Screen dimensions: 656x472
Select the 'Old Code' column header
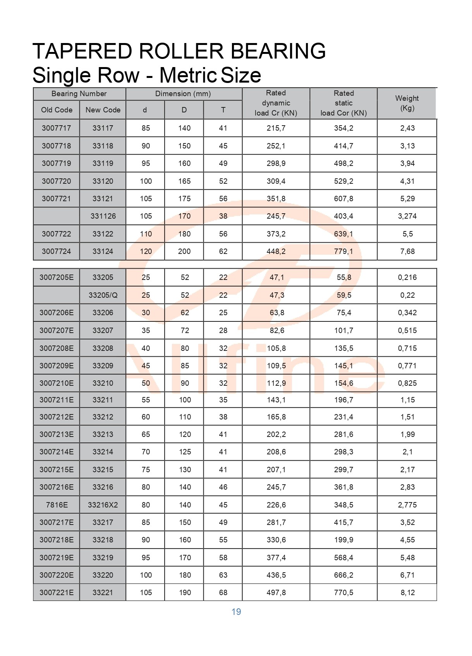pyautogui.click(x=57, y=110)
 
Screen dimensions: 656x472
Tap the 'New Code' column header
pyautogui.click(x=103, y=110)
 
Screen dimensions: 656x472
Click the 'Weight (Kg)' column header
pyautogui.click(x=407, y=103)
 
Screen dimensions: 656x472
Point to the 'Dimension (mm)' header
pyautogui.click(x=183, y=94)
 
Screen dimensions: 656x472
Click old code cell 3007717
pyautogui.click(x=57, y=128)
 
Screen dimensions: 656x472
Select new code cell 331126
pyautogui.click(x=103, y=216)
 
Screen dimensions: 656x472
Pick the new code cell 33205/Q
pyautogui.click(x=103, y=295)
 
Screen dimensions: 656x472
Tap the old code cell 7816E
pyautogui.click(x=57, y=505)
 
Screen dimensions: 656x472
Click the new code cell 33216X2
pyautogui.click(x=103, y=505)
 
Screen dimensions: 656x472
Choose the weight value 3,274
pyautogui.click(x=407, y=216)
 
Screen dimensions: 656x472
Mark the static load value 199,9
pyautogui.click(x=343, y=540)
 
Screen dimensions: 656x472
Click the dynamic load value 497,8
pyautogui.click(x=276, y=593)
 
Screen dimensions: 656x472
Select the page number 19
pyautogui.click(x=236, y=612)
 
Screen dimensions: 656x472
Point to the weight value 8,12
pyautogui.click(x=407, y=593)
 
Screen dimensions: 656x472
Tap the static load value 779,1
pyautogui.click(x=343, y=252)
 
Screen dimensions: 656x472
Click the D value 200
pyautogui.click(x=184, y=252)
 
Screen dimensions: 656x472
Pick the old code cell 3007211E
pyautogui.click(x=57, y=400)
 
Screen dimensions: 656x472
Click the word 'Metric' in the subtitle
pyautogui.click(x=188, y=75)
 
